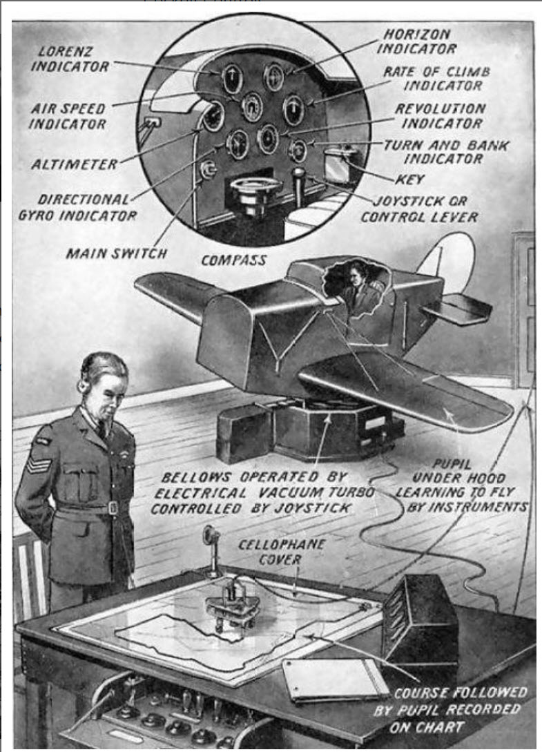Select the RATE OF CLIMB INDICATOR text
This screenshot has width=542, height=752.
click(432, 78)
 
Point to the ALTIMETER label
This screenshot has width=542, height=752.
click(74, 164)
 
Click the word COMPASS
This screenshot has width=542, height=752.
click(233, 260)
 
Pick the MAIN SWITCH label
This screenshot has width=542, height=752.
click(116, 253)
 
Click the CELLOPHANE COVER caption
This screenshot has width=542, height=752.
click(271, 551)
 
